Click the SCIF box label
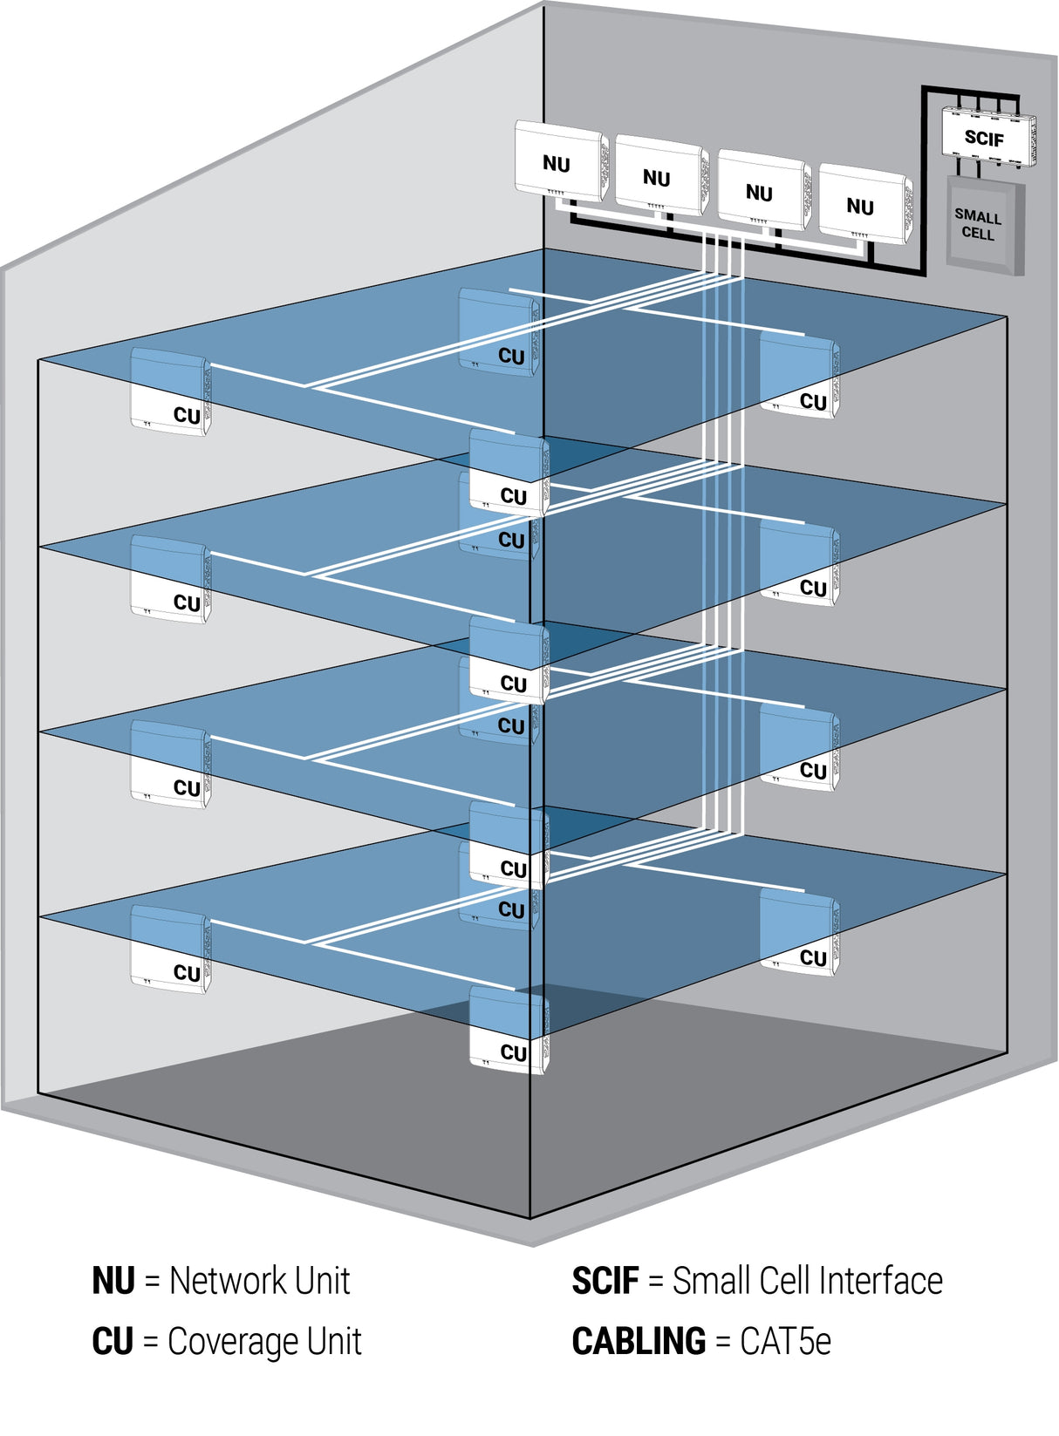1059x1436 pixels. (x=984, y=138)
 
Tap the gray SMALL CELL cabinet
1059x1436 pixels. (x=979, y=225)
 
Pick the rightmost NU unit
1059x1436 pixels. (x=862, y=206)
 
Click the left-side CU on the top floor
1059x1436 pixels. (x=171, y=392)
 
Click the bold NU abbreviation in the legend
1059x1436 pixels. (x=113, y=1281)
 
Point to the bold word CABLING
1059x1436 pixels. (x=639, y=1341)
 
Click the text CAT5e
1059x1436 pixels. (x=785, y=1341)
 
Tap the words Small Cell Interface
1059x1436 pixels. (x=807, y=1281)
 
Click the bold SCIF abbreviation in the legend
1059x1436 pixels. (x=605, y=1281)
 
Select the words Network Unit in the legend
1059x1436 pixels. (x=259, y=1281)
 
